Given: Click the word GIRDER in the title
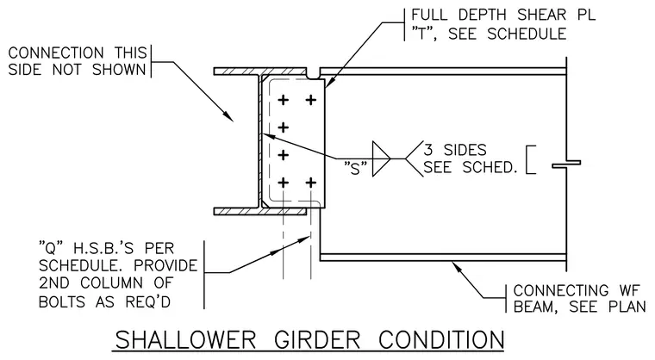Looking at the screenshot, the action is click(317, 340).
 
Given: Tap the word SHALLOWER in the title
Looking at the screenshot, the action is click(185, 340).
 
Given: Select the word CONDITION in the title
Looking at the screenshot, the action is click(441, 340).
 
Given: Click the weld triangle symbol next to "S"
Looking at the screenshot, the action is click(382, 158).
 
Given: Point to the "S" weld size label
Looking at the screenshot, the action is click(355, 168).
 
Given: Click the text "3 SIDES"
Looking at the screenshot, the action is click(455, 150).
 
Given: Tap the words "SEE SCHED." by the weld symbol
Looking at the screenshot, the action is click(471, 167).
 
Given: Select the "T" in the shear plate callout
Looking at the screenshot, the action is click(424, 34).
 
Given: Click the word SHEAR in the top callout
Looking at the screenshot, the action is click(542, 15).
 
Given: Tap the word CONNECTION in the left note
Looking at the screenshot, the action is click(56, 53).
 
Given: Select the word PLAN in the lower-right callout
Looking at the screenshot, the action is click(627, 307).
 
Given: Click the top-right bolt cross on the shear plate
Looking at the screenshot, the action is click(311, 100).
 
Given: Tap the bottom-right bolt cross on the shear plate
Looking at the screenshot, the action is click(311, 183).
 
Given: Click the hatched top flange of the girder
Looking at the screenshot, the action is click(260, 71).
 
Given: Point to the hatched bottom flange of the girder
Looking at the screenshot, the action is click(260, 211).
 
